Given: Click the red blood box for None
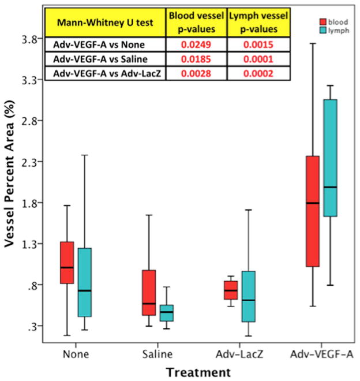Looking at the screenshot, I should (67, 263).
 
